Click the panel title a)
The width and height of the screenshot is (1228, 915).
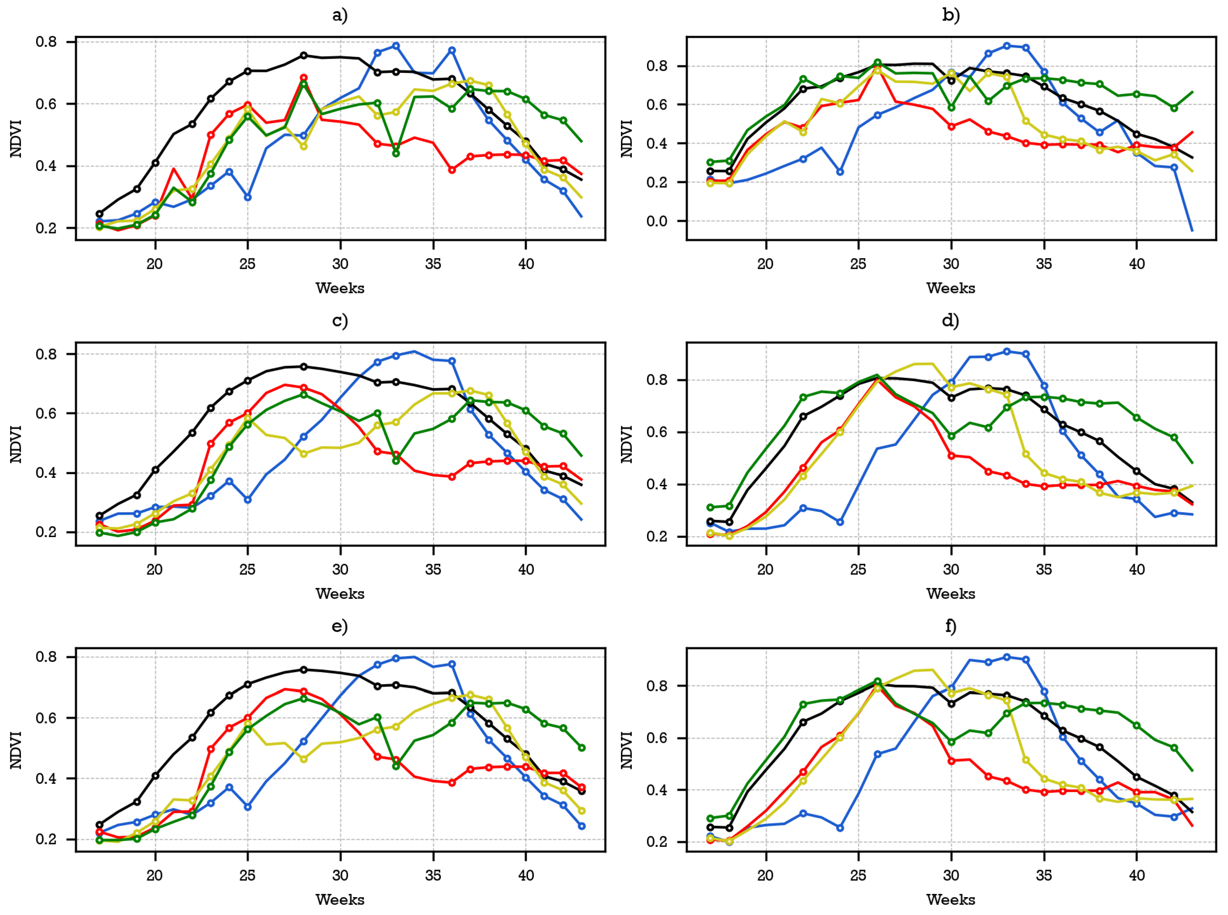(x=340, y=16)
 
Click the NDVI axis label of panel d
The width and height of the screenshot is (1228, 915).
(x=627, y=444)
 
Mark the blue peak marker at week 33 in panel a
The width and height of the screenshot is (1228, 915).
(x=396, y=46)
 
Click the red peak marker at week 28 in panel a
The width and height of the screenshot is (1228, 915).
(x=303, y=78)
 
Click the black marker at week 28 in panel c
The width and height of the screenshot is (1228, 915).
(x=303, y=366)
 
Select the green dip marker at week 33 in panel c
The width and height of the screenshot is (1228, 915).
(x=396, y=460)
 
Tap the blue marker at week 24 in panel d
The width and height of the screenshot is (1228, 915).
(x=840, y=522)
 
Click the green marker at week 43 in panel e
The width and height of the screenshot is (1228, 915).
(x=581, y=748)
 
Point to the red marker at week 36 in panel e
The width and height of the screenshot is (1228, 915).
(x=452, y=783)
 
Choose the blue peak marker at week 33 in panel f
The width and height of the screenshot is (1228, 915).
(x=1006, y=657)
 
